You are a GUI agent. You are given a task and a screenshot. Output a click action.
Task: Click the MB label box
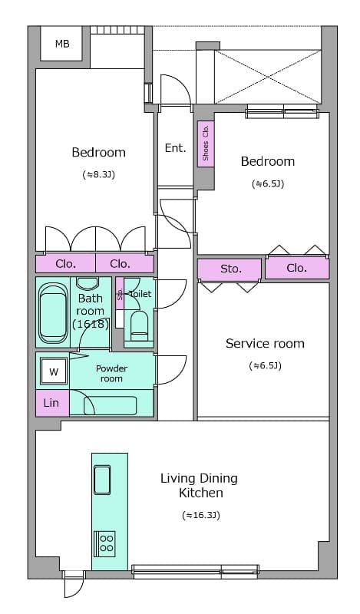click(61, 44)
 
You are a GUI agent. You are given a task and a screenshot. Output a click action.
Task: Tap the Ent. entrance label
click(175, 148)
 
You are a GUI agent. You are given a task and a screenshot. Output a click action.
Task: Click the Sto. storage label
click(231, 269)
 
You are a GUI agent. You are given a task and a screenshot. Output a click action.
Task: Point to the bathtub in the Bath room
click(53, 313)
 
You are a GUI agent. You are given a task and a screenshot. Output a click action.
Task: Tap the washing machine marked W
click(54, 372)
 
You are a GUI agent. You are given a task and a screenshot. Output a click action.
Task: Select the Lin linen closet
click(52, 402)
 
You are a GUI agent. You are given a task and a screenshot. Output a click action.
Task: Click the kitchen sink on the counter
click(102, 480)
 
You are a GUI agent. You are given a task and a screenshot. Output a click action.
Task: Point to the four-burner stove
click(106, 543)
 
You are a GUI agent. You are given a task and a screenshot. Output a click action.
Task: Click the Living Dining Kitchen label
click(200, 486)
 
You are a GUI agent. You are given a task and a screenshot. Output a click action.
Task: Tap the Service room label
click(265, 343)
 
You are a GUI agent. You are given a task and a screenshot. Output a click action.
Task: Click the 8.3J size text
click(99, 175)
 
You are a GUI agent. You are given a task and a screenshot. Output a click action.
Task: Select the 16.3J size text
click(201, 515)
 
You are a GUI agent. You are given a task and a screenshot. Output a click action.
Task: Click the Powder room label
click(111, 374)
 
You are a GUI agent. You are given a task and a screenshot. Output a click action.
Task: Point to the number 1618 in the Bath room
click(91, 324)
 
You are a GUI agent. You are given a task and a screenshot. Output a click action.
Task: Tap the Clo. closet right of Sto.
click(297, 268)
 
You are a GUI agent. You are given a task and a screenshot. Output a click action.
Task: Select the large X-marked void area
click(268, 77)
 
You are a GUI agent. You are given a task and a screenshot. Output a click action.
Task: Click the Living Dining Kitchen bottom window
click(196, 571)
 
